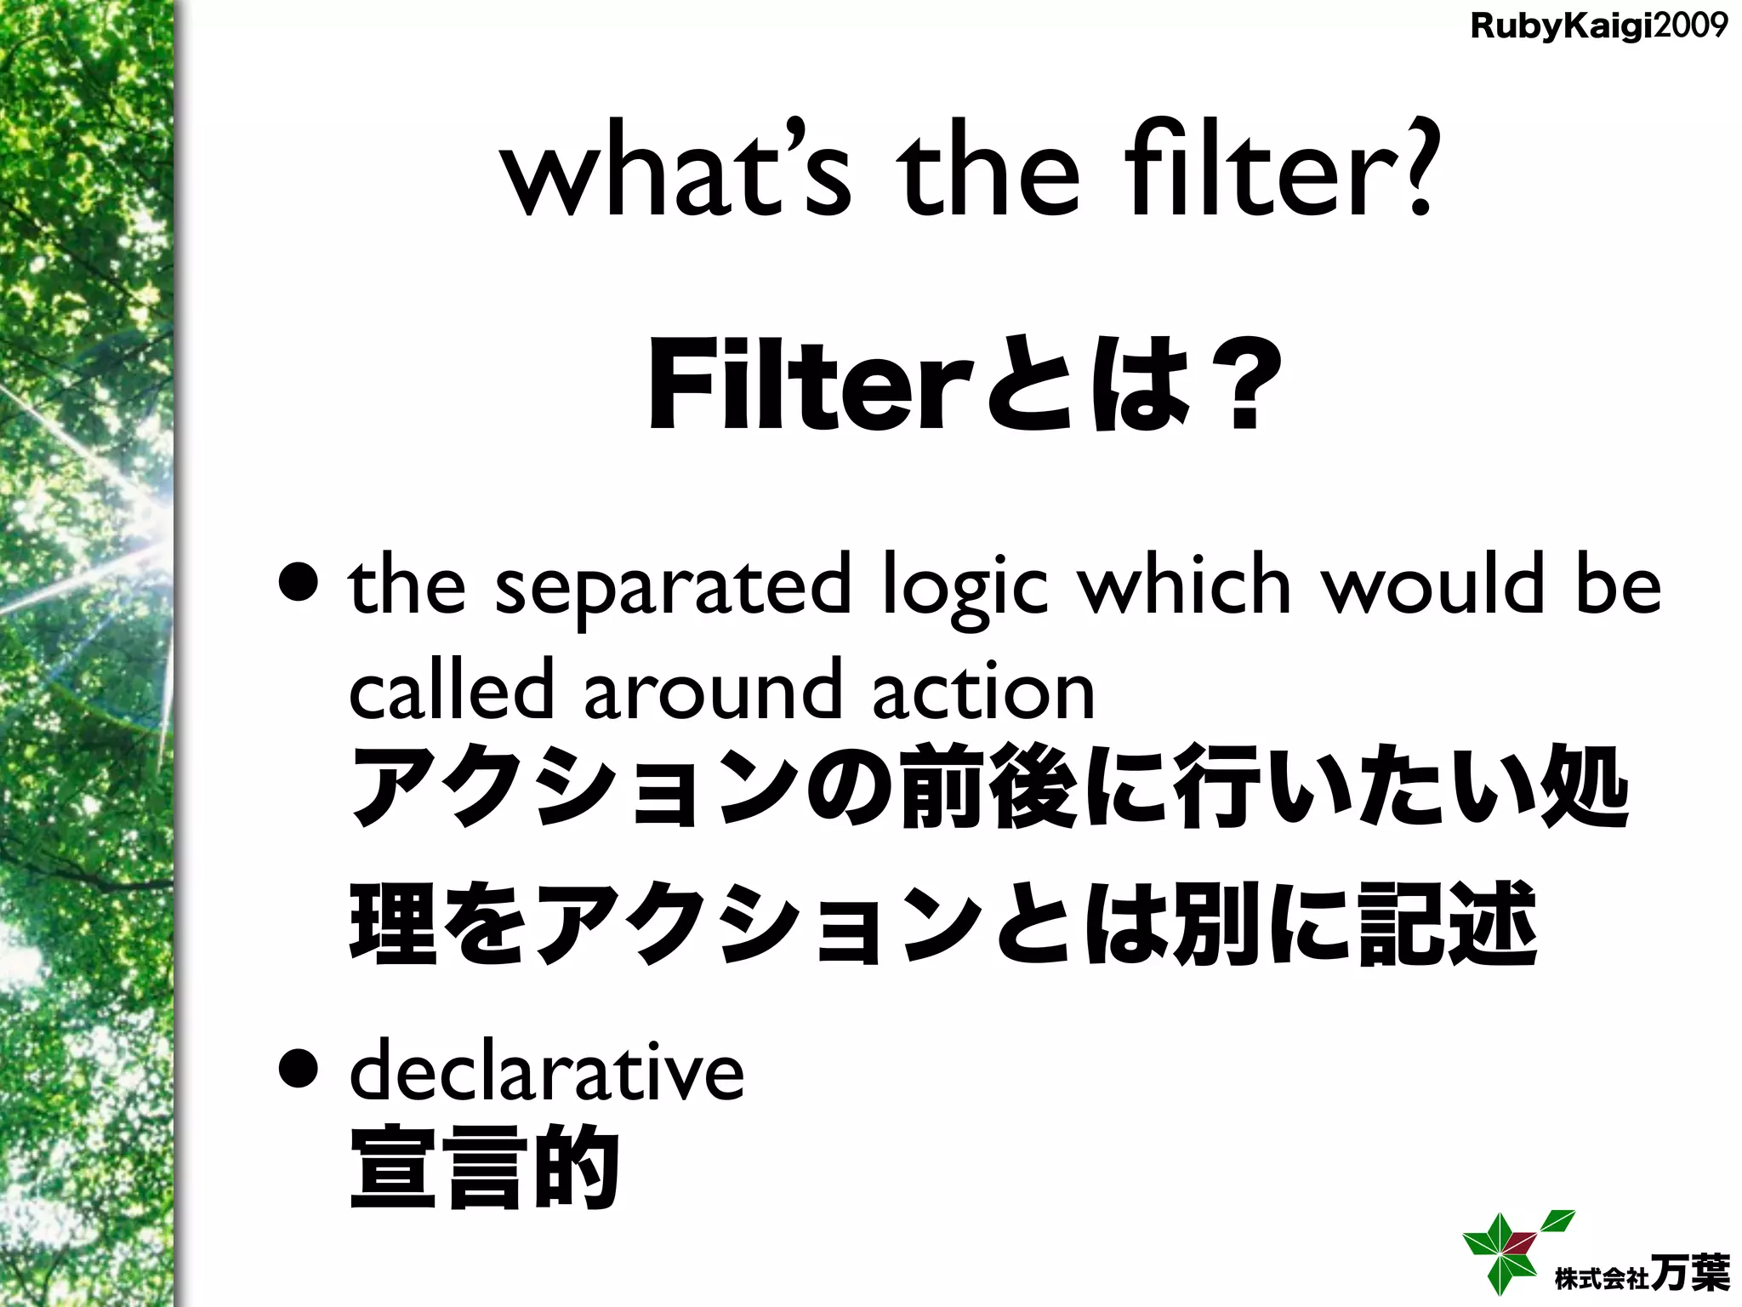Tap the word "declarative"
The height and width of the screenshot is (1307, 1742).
pos(547,1070)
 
